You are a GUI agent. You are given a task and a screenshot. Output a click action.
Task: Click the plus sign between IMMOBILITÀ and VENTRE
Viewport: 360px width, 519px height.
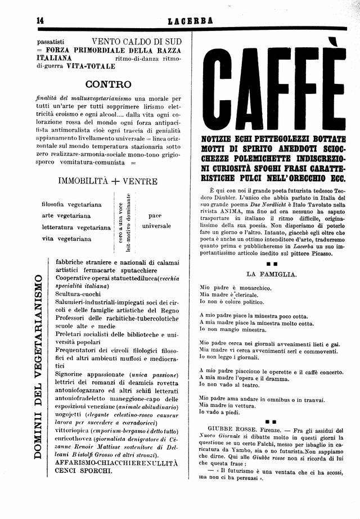click(x=115, y=181)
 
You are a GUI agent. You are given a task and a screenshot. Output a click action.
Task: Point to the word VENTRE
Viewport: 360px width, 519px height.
click(x=140, y=181)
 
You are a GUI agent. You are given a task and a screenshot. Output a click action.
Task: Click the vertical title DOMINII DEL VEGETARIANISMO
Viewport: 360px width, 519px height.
click(x=40, y=374)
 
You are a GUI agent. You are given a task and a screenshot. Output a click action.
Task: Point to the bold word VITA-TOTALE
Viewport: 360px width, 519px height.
click(x=91, y=66)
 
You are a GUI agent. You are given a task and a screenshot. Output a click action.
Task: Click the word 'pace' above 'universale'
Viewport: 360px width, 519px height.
click(x=155, y=216)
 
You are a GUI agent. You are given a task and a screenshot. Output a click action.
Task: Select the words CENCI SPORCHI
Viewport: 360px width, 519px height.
click(x=83, y=471)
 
